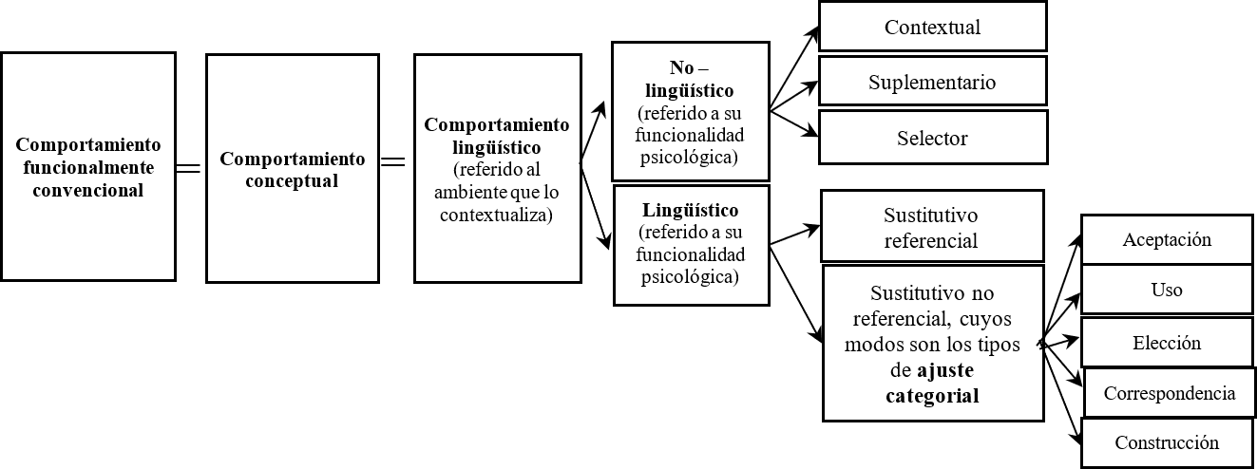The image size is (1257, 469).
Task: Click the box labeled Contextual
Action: click(x=932, y=27)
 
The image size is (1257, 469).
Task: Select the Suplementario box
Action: click(x=932, y=82)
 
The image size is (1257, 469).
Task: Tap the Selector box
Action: click(x=932, y=138)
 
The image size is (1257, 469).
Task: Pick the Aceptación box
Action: click(x=1167, y=239)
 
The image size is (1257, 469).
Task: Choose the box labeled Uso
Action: click(x=1167, y=290)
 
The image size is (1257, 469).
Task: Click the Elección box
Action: click(x=1167, y=343)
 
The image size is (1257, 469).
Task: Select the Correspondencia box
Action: click(x=1169, y=393)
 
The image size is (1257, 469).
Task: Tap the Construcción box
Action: click(x=1167, y=443)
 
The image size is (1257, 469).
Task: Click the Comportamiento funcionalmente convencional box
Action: click(x=88, y=167)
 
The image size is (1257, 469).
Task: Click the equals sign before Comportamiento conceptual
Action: click(x=190, y=168)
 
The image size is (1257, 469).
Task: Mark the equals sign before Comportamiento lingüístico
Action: click(x=392, y=161)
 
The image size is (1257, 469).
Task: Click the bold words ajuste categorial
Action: click(x=930, y=384)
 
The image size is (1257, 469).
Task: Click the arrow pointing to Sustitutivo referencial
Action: click(x=795, y=235)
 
